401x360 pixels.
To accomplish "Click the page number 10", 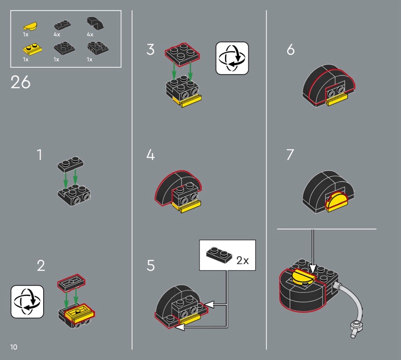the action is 14,347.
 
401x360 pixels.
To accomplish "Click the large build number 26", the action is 21,82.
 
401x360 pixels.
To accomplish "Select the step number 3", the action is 150,49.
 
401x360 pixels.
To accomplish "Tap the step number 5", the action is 151,265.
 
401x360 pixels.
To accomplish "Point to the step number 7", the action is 290,154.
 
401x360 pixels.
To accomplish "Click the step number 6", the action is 291,49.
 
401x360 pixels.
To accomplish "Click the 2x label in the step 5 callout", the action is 243,260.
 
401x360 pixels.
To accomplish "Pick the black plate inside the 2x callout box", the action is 219,255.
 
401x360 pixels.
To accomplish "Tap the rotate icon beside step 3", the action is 232,58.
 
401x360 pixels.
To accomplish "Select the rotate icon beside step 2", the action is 28,302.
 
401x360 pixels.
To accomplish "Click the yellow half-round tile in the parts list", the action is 30,26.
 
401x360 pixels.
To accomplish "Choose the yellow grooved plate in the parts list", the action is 33,49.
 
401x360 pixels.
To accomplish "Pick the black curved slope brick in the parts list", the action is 95,23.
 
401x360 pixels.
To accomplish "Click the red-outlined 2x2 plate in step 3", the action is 182,55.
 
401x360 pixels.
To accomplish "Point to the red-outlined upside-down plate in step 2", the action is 71,282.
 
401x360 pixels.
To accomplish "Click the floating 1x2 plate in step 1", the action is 71,164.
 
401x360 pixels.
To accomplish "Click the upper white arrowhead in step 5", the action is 209,304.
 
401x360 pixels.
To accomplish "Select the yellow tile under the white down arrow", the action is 304,277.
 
